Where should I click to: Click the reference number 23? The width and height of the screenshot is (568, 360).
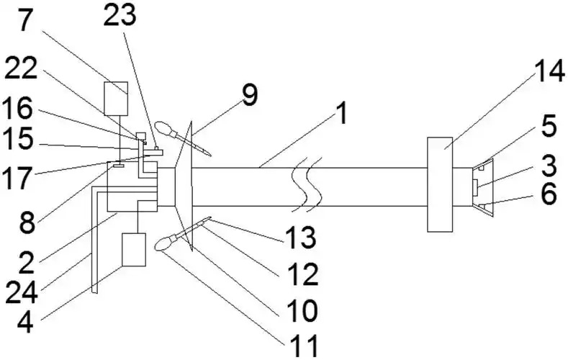pos(120,16)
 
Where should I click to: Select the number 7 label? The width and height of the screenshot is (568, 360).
pos(24,21)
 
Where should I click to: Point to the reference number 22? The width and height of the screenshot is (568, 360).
pos(21,68)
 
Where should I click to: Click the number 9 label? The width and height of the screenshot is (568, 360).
pos(250,95)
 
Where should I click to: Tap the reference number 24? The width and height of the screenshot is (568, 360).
pos(22,292)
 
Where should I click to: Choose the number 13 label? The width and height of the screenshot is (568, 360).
pos(301,237)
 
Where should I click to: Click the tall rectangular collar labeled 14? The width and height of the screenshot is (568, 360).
pos(440,184)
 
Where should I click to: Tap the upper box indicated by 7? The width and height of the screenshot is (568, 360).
pos(116,99)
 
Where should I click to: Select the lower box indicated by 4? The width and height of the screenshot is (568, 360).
pos(134,250)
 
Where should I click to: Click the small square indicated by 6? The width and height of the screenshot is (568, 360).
pos(482,207)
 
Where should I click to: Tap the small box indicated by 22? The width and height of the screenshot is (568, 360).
pos(140,137)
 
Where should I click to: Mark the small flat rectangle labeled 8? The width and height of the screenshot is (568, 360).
pos(118,166)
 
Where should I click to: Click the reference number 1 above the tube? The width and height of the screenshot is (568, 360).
pos(341,113)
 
